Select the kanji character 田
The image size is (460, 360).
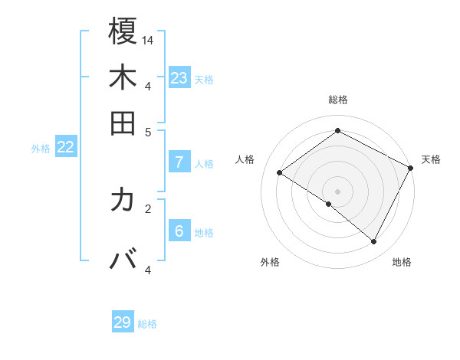click(123, 123)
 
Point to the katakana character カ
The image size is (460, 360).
click(123, 201)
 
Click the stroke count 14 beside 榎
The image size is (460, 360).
click(148, 40)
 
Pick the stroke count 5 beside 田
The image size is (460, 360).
click(148, 132)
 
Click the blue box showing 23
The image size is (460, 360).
click(179, 78)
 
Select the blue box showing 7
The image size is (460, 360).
click(179, 162)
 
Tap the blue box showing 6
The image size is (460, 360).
click(179, 232)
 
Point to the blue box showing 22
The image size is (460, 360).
click(65, 148)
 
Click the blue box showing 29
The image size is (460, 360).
click(123, 322)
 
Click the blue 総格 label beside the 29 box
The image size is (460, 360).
click(147, 324)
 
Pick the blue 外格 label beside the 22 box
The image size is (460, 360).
click(41, 149)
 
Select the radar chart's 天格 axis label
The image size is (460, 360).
click(431, 159)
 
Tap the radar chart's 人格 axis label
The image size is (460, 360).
click(245, 159)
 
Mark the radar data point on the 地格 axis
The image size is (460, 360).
click(374, 242)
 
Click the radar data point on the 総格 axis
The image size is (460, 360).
click(337, 131)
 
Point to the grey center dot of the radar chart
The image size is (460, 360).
click(337, 191)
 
